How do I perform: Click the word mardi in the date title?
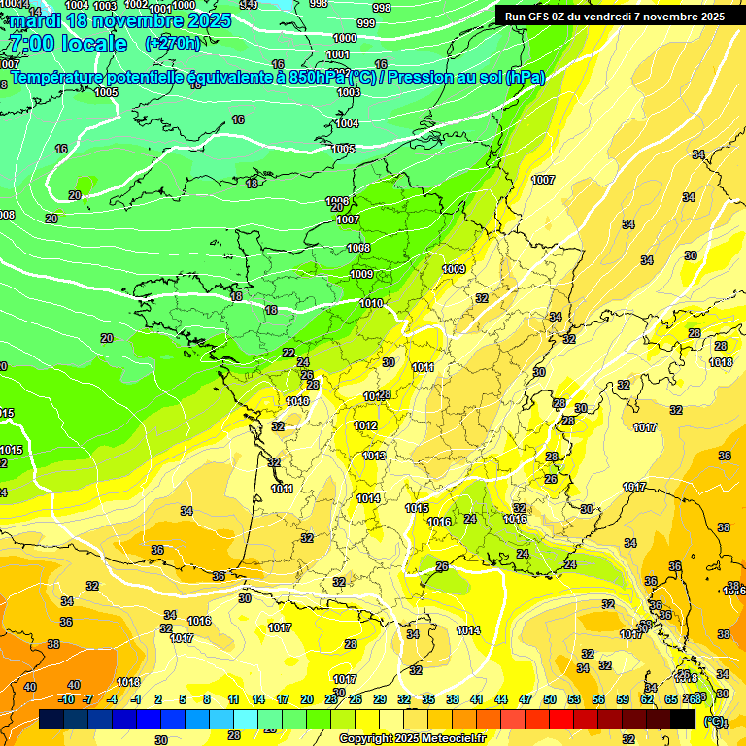pyautogui.click(x=31, y=20)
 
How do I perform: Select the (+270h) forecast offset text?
pyautogui.click(x=173, y=43)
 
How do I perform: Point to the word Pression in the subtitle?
pyautogui.click(x=428, y=77)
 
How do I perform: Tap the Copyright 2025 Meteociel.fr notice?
pyautogui.click(x=413, y=738)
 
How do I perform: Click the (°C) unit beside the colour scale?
pyautogui.click(x=714, y=722)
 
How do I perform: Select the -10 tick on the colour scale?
pyautogui.click(x=66, y=699)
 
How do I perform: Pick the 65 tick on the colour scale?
pyautogui.click(x=671, y=699)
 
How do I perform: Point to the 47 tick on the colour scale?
pyautogui.click(x=526, y=699)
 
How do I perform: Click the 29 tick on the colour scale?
pyautogui.click(x=379, y=699)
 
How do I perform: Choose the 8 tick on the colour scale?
pyautogui.click(x=207, y=699)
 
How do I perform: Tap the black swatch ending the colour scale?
pyautogui.click(x=683, y=719)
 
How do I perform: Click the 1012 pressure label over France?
pyautogui.click(x=365, y=425)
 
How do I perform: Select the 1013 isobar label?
pyautogui.click(x=374, y=456)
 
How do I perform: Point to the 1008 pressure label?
pyautogui.click(x=358, y=248)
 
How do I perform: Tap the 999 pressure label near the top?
pyautogui.click(x=366, y=23)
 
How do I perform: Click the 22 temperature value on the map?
pyautogui.click(x=288, y=353)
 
